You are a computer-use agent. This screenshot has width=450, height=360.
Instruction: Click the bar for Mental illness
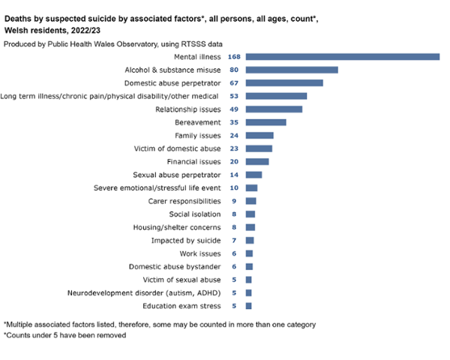click(x=342, y=56)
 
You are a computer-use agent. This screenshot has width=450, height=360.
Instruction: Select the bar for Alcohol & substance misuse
click(x=292, y=70)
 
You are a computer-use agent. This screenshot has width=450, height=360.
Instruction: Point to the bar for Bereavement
click(x=265, y=122)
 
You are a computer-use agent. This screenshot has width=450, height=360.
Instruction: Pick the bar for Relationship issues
click(x=274, y=109)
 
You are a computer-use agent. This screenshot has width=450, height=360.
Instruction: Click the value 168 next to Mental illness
click(x=233, y=56)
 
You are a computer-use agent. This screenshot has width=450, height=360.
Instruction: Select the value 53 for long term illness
click(x=235, y=96)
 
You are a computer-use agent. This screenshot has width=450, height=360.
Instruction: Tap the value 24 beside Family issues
click(x=235, y=135)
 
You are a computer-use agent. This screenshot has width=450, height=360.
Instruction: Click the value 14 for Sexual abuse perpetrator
click(x=235, y=174)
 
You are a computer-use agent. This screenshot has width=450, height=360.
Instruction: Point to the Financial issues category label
click(x=193, y=161)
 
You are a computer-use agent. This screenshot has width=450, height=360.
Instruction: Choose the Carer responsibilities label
click(x=184, y=201)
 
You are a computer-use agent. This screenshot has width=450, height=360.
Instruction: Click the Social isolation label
click(x=195, y=214)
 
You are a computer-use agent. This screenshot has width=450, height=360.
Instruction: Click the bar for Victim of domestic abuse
click(x=259, y=148)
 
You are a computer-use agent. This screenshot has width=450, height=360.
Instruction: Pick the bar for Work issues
click(x=249, y=253)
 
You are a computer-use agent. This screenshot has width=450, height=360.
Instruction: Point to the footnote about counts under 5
click(x=65, y=335)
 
